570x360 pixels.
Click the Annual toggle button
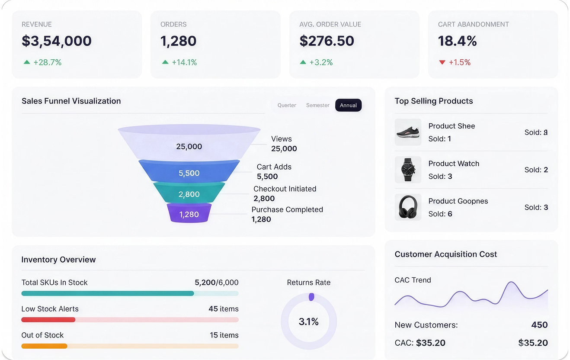tap(348, 105)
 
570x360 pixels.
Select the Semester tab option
tap(317, 105)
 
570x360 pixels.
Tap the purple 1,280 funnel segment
tap(189, 213)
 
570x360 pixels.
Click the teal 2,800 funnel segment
tap(189, 193)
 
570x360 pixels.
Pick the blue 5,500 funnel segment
tap(189, 171)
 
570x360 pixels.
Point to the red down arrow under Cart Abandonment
tap(442, 62)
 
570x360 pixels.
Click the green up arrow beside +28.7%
tap(27, 62)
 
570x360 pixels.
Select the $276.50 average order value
tap(327, 41)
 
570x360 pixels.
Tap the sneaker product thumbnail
tap(408, 132)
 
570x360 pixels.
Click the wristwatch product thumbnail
tap(408, 170)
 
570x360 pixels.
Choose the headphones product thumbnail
tap(408, 207)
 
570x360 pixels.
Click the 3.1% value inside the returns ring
tap(309, 321)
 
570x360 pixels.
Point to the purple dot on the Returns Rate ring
tap(311, 297)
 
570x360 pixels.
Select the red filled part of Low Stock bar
tap(48, 319)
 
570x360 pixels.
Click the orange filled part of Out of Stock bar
tap(44, 346)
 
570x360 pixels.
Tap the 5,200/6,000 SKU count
tap(217, 283)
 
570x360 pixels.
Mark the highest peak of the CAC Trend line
tap(511, 282)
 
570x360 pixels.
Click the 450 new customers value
tap(539, 325)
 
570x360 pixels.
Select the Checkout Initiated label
tap(285, 189)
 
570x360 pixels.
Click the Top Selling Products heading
tap(434, 101)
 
